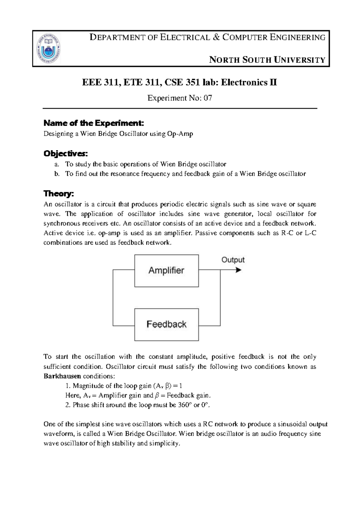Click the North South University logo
point(48,48)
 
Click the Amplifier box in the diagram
point(166,271)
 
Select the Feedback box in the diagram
point(166,324)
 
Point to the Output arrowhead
point(238,270)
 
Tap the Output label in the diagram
point(233,260)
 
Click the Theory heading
point(58,194)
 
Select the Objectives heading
point(66,154)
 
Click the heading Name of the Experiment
point(94,123)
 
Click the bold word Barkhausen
point(62,376)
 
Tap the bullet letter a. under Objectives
point(57,164)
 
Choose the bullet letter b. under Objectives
point(57,174)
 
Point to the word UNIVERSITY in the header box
point(300,60)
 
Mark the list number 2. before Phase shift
point(68,405)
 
